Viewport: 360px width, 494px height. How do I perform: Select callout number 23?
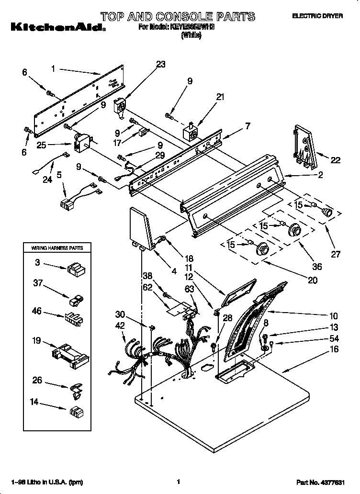[160, 65]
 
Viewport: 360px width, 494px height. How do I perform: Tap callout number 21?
[220, 97]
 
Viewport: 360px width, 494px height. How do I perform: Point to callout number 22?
[336, 160]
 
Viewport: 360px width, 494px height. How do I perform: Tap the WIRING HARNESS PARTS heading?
[57, 248]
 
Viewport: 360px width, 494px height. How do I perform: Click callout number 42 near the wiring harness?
[120, 326]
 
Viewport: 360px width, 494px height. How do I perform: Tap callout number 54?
[334, 339]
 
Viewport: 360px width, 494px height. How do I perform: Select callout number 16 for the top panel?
[334, 350]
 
